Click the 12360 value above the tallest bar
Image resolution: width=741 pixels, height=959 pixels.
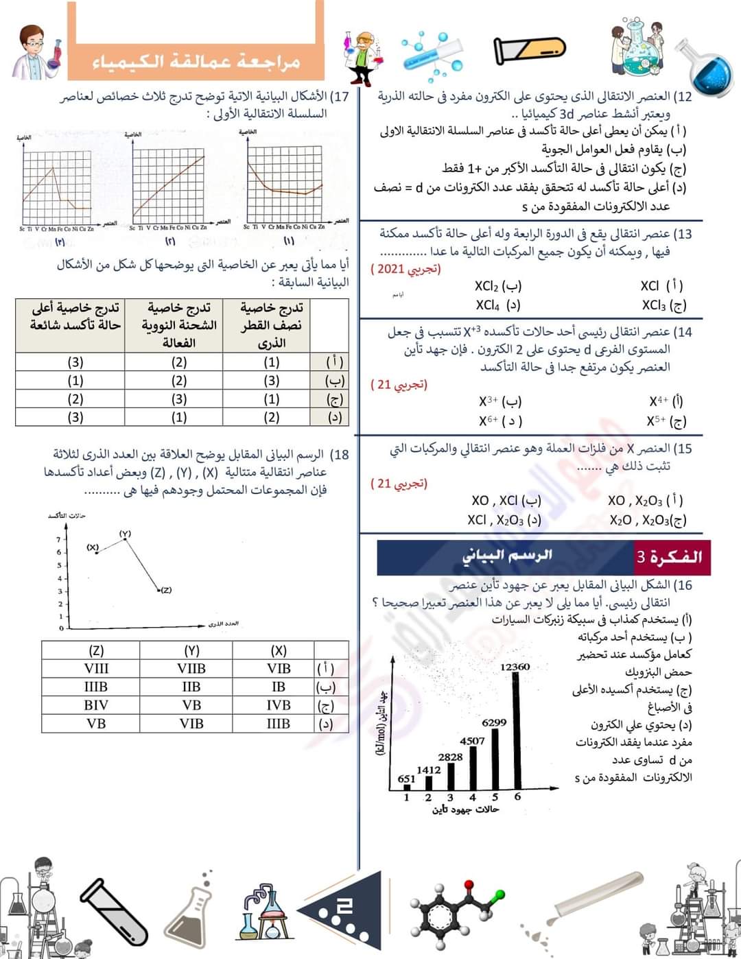(x=515, y=667)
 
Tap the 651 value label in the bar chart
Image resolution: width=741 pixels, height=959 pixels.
(x=406, y=779)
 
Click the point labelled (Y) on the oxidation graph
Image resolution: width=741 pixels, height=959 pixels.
(x=125, y=539)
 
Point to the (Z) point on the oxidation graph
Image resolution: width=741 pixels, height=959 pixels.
(x=158, y=589)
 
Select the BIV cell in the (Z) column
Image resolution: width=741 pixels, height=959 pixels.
(x=96, y=705)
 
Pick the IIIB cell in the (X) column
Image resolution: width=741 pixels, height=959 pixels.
(x=278, y=724)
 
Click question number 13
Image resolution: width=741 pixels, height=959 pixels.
(x=683, y=235)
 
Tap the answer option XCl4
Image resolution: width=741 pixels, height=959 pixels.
(x=497, y=305)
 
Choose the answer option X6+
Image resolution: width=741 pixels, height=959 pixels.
(x=500, y=421)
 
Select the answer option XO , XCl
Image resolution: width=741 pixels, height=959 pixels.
(x=506, y=501)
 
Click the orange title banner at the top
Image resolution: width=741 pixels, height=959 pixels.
(x=196, y=60)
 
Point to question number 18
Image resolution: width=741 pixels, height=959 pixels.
(x=340, y=455)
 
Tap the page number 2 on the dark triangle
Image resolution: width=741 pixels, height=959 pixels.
(x=344, y=908)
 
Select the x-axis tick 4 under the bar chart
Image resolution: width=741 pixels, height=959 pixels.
(x=473, y=797)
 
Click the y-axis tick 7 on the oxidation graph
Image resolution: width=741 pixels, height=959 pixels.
(x=60, y=539)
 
